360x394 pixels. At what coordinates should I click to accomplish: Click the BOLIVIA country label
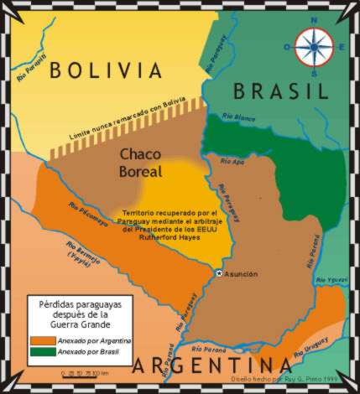point(104,69)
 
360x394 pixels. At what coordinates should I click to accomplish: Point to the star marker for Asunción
point(219,274)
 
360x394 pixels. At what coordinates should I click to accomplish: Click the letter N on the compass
point(316,21)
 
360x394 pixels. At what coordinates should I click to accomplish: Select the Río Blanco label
point(238,117)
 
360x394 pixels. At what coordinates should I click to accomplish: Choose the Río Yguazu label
point(334,279)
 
